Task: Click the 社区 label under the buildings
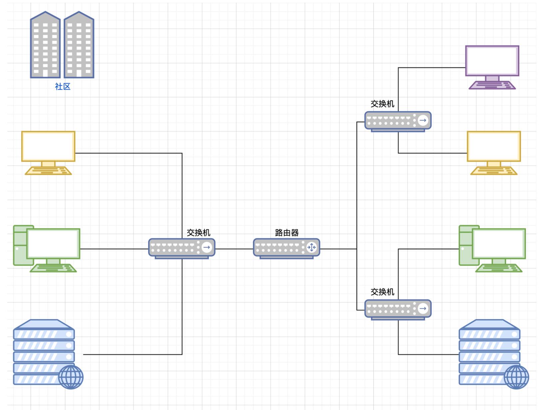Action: click(x=63, y=87)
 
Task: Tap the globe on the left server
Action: click(x=71, y=377)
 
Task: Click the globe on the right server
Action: click(x=516, y=377)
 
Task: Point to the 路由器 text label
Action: click(x=287, y=233)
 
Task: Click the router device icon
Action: click(x=286, y=248)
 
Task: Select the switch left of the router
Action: click(x=182, y=248)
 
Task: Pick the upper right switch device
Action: click(x=398, y=120)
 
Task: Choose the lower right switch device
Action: click(x=398, y=308)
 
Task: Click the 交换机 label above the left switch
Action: click(x=199, y=233)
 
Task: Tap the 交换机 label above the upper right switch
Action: click(x=382, y=104)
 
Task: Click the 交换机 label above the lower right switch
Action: click(x=382, y=292)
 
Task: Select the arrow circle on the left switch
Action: click(x=207, y=247)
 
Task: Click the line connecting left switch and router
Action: click(x=234, y=249)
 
